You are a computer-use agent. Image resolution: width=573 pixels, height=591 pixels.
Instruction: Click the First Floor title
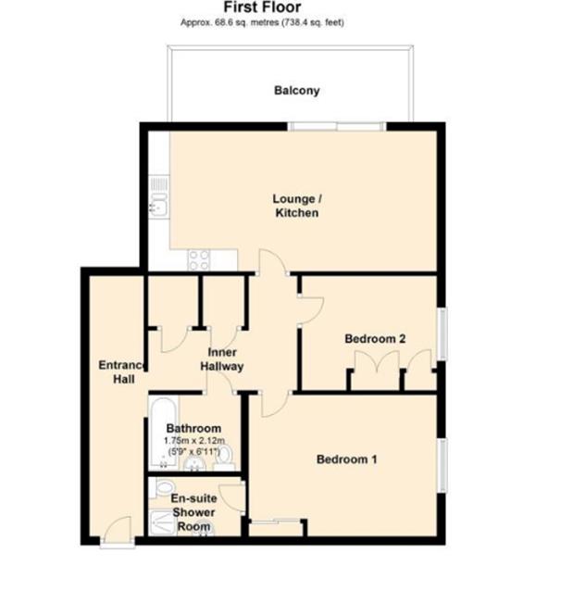pos(261,7)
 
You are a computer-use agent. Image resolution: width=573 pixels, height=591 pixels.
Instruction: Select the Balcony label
pos(296,91)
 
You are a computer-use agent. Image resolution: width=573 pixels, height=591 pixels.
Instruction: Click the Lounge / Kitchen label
pos(296,206)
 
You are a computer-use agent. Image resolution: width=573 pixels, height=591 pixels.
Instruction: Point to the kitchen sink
pos(158,205)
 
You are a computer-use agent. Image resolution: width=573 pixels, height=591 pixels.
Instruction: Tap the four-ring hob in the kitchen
pos(199,260)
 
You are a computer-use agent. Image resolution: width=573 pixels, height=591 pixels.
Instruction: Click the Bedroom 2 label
pos(375,339)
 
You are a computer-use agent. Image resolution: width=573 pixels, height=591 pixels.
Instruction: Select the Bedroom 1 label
pos(347,459)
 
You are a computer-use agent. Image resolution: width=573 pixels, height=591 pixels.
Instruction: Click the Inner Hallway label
pos(222,359)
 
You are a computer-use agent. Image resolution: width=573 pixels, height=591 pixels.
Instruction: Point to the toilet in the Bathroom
pos(222,454)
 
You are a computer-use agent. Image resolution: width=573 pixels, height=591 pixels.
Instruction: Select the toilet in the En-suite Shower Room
pos(165,485)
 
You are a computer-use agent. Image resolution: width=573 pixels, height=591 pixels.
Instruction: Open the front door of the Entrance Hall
pos(117,534)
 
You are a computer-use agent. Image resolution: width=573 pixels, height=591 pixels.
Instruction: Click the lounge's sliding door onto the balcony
pos(335,126)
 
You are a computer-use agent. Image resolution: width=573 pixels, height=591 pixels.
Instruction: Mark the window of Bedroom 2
pos(442,333)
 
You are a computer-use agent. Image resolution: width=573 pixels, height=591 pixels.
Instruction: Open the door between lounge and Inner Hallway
pos(270,265)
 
